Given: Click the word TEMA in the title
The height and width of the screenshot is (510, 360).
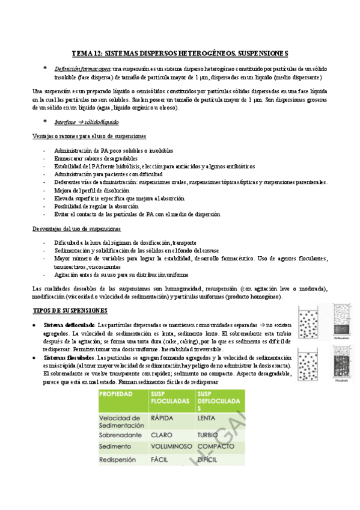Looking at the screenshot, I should point(82,53).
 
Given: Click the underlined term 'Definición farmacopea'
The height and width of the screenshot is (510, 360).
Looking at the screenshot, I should point(82,69).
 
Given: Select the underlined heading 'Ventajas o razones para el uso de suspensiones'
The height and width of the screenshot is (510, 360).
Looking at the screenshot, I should point(88,137).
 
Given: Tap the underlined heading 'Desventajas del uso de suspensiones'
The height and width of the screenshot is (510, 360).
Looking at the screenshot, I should point(76,229).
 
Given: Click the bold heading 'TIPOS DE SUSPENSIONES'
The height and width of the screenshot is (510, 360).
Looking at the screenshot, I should point(70,310).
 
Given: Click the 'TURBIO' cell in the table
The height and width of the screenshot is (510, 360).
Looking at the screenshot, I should point(209,433).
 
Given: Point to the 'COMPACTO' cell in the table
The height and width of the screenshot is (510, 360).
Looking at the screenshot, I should point(215,447).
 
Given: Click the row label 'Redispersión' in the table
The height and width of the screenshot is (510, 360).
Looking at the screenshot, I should point(121,460).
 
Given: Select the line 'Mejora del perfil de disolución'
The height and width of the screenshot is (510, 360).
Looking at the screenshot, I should point(91,190).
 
